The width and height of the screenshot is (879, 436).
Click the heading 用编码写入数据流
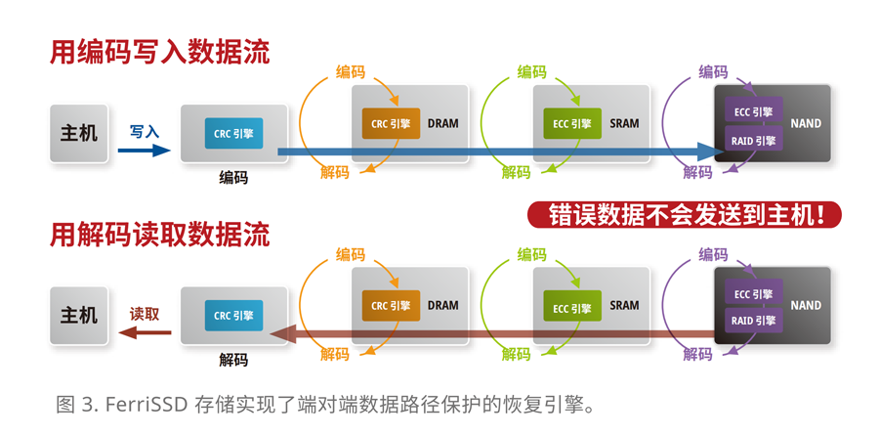160,53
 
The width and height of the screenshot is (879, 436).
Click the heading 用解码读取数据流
160,235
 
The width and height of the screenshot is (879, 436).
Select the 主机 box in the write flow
79,132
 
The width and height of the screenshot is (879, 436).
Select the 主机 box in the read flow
79,315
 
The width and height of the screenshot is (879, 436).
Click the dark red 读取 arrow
145,332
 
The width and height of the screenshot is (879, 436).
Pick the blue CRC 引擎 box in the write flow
233,133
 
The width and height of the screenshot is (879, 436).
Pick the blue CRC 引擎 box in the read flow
233,316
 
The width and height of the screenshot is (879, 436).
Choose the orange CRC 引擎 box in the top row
391,123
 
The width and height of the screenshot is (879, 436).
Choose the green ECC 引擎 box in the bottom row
572,308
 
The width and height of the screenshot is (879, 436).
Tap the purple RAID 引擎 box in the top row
753,141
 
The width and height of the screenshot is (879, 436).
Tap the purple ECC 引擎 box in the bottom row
753,293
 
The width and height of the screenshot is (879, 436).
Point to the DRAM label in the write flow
442,123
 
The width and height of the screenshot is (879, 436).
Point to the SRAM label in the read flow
624,305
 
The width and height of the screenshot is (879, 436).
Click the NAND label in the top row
806,123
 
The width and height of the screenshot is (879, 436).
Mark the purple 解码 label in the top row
697,172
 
